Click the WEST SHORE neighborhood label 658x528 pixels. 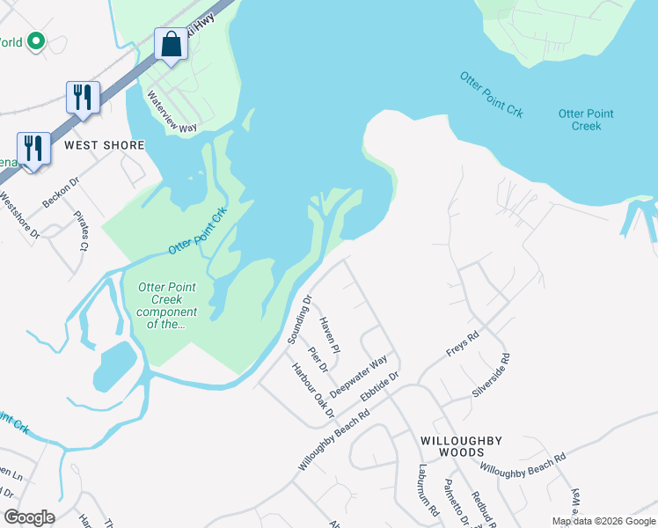(x=103, y=144)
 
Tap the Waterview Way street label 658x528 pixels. (x=172, y=112)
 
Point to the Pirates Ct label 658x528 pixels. (x=81, y=231)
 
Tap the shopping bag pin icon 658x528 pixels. (x=171, y=44)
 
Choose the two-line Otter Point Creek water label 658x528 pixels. (x=586, y=120)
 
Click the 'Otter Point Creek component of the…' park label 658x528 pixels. (x=167, y=305)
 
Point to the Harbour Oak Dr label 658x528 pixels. (x=313, y=389)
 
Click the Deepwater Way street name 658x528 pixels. (x=359, y=376)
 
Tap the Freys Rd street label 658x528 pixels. (x=462, y=342)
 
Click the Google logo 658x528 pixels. (x=29, y=517)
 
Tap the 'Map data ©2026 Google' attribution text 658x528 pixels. (x=603, y=521)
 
